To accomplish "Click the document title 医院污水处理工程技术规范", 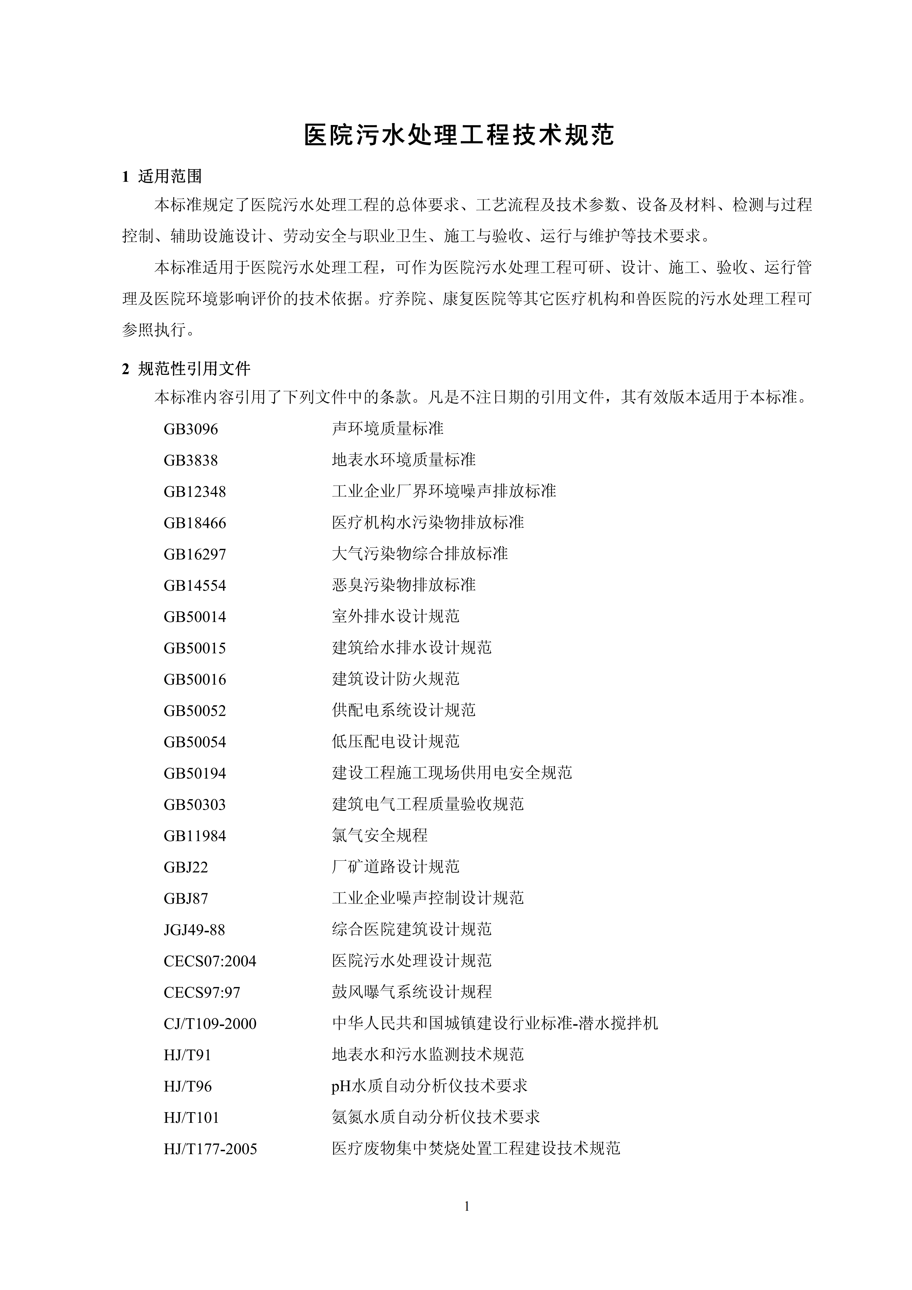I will click(x=459, y=135).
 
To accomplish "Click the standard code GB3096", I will click(x=191, y=429).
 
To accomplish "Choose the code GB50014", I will click(x=195, y=617).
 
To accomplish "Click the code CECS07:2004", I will click(x=209, y=961).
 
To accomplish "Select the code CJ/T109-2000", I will click(x=209, y=1024).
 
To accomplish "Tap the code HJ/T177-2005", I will click(x=210, y=1149).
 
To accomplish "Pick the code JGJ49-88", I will click(x=194, y=930).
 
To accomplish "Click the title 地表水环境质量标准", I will click(x=403, y=460).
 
